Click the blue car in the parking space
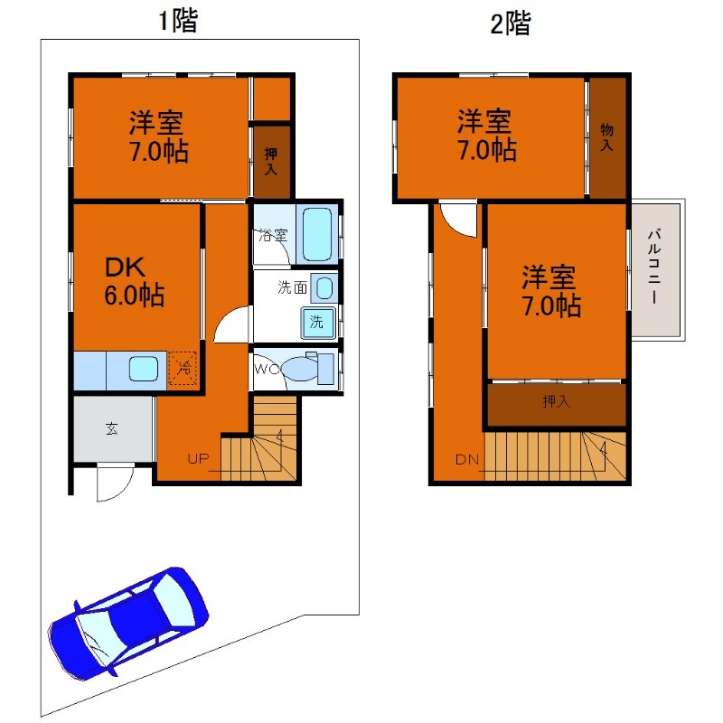pos(128,624)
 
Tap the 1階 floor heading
pos(178,21)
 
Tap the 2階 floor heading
pos(510,23)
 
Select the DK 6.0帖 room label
pos(134,282)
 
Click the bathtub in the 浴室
pos(317,235)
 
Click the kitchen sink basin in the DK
pos(144,369)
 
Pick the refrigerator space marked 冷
pos(183,368)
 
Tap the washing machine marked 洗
pos(318,322)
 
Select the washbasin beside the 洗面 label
pos(324,288)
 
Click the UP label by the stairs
pos(198,459)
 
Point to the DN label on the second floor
pos(467,459)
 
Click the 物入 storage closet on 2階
pos(607,137)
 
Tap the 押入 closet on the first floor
pos(272,162)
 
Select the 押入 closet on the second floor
pos(557,404)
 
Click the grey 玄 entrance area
pos(113,428)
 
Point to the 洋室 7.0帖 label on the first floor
pos(159,137)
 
